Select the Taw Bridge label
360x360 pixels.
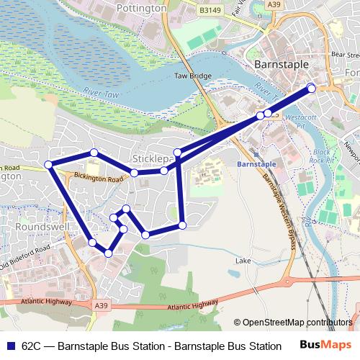click(193, 76)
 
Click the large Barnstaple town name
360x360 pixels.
click(282, 64)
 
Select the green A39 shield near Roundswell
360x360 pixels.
click(102, 305)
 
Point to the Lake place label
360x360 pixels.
click(243, 260)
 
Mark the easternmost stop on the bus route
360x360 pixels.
click(312, 88)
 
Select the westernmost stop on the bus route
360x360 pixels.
click(49, 165)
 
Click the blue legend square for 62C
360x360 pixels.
click(9, 345)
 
